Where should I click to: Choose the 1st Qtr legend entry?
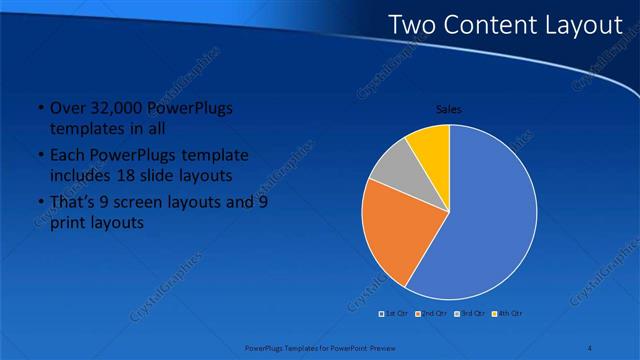tap(396, 313)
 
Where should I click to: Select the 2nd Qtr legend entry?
tap(432, 313)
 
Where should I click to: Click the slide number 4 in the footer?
tap(590, 348)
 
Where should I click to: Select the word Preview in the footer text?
tap(376, 348)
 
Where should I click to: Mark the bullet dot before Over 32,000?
tap(39, 109)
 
